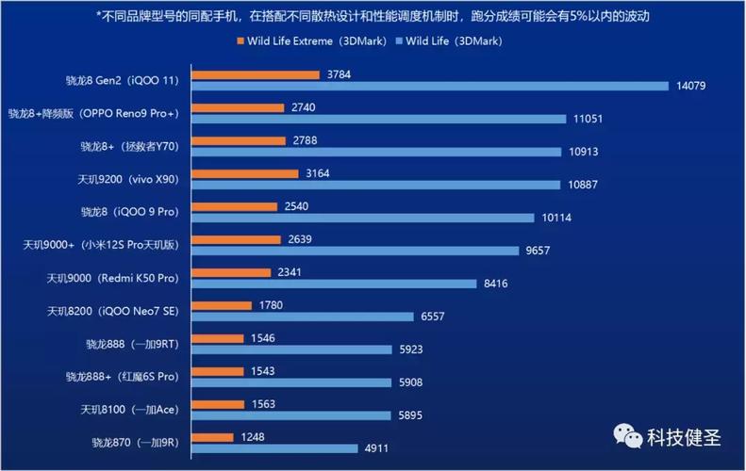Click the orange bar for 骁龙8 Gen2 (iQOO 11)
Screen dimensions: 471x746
click(255, 74)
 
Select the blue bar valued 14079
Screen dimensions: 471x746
click(429, 87)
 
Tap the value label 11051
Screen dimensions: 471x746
click(588, 120)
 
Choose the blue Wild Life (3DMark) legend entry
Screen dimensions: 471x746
click(450, 41)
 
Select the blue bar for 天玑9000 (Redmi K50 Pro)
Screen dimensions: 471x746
click(334, 284)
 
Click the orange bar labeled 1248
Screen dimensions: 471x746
click(212, 437)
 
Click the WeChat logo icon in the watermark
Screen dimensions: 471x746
click(626, 437)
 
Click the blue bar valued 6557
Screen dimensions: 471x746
click(303, 317)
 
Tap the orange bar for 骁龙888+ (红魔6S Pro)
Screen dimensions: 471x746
click(219, 371)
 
